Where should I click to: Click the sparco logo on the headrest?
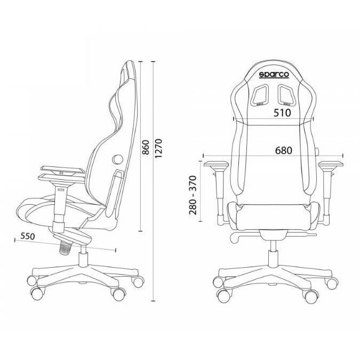click(274, 75)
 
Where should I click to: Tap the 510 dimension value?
click(282, 113)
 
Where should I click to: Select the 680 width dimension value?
click(284, 150)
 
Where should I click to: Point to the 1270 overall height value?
click(158, 148)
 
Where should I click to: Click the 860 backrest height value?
click(146, 147)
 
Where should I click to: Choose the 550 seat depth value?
click(28, 236)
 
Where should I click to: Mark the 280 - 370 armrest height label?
click(193, 195)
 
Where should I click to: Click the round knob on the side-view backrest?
click(117, 159)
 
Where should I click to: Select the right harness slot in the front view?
click(286, 94)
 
